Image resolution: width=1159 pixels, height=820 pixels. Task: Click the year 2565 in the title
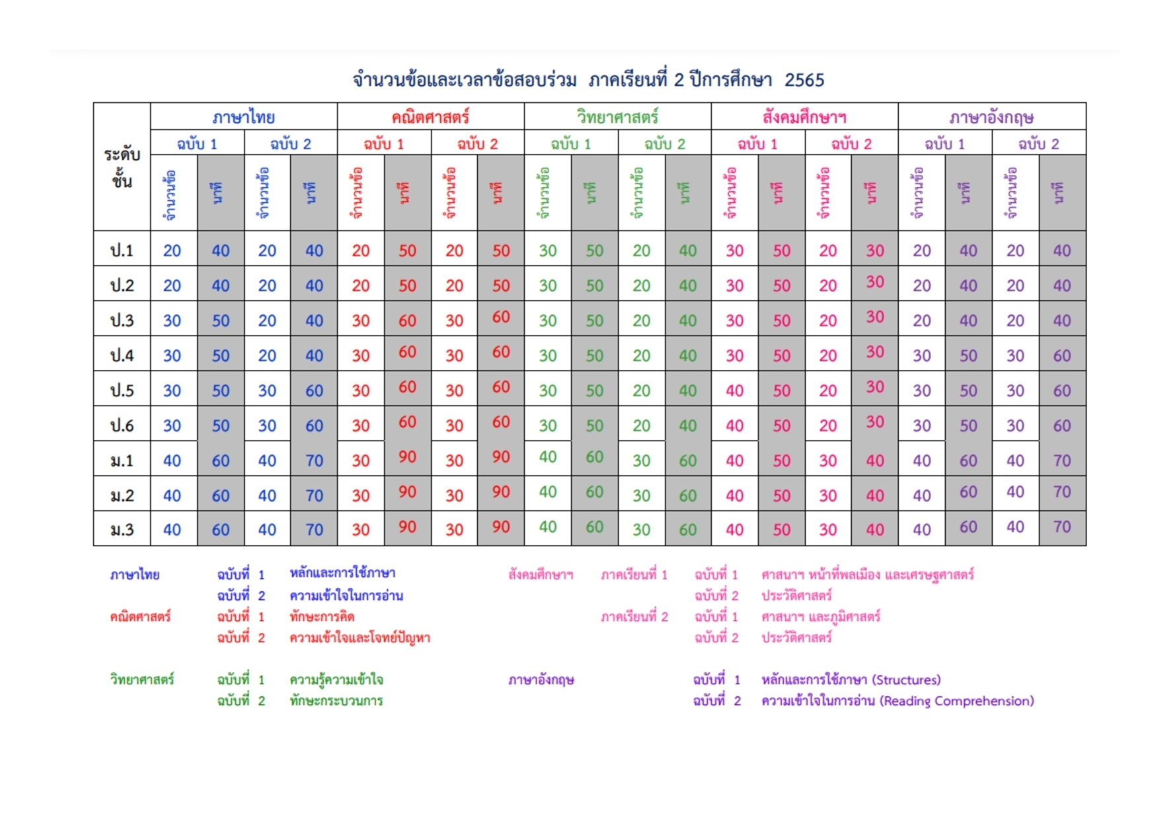804,80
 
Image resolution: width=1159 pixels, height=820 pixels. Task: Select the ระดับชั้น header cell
122,167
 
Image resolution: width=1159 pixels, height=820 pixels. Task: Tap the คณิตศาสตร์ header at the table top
430,117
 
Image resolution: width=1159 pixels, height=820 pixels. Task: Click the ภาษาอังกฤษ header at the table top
991,118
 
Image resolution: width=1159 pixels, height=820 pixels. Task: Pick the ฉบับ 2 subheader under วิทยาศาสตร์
665,143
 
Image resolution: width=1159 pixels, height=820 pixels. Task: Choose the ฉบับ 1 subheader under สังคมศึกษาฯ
758,143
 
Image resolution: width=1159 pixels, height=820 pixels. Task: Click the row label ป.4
122,355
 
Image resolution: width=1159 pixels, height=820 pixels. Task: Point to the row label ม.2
122,496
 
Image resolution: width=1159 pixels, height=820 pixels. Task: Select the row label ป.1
122,250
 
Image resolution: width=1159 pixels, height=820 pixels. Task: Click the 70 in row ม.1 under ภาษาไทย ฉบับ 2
314,461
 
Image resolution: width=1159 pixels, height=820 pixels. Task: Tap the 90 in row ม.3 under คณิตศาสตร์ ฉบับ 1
407,527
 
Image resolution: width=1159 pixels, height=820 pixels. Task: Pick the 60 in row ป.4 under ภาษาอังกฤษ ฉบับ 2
1062,355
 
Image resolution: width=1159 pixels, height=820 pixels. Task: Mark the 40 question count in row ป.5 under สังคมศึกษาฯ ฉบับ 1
735,391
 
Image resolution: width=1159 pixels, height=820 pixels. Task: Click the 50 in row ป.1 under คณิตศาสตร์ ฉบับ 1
407,250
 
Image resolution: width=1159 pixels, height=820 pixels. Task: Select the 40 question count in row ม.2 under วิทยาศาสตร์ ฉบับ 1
548,492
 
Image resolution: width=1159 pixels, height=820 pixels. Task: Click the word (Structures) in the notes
906,680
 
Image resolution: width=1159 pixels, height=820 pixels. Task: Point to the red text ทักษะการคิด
322,616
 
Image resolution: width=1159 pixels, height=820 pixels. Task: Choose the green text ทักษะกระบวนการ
336,700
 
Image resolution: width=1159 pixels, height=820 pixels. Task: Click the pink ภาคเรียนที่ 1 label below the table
634,575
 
